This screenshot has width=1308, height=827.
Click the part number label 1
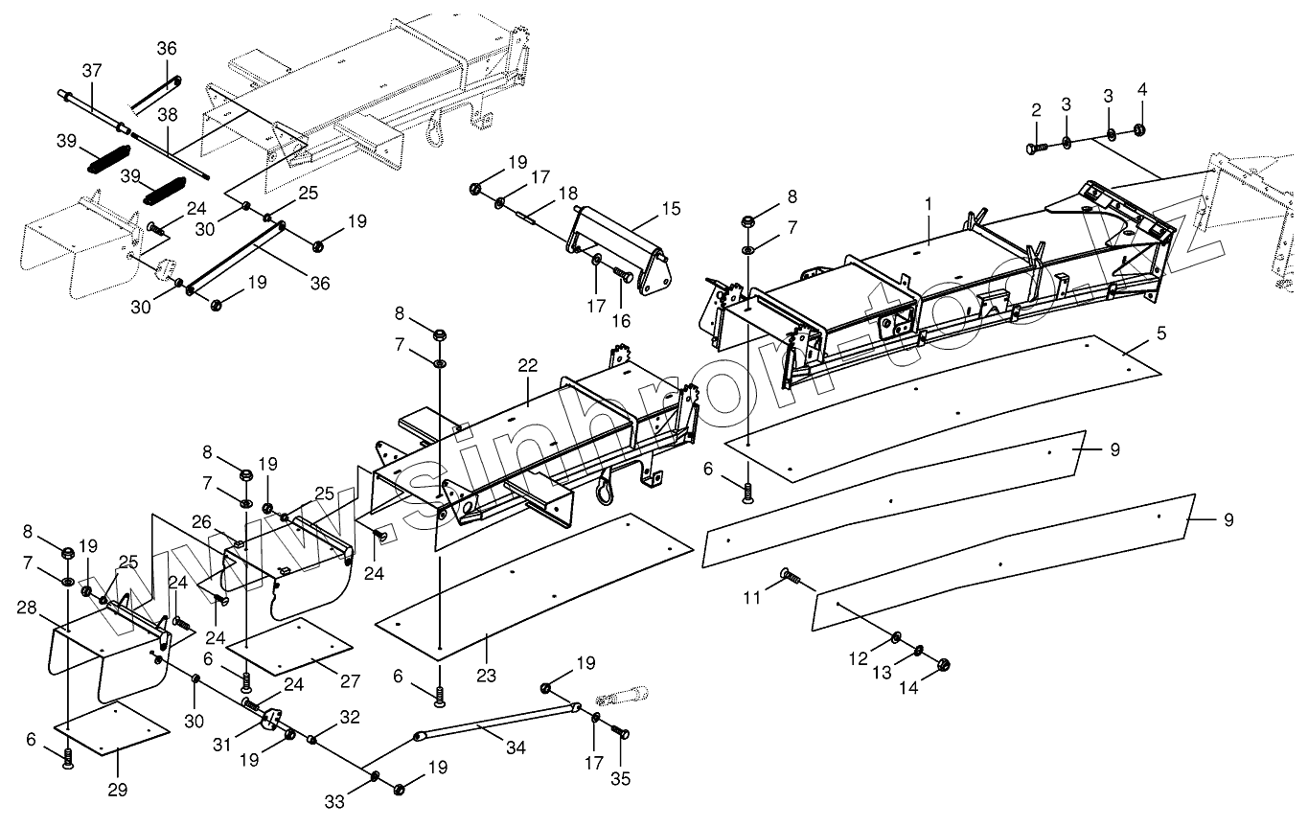[x=928, y=205]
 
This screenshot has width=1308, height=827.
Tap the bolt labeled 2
[x=1036, y=149]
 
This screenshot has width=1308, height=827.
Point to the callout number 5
[x=1159, y=334]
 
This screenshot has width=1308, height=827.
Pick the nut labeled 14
[x=941, y=664]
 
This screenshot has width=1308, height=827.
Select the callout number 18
[x=568, y=192]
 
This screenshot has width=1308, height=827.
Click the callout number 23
[x=487, y=676]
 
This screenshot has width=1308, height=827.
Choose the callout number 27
[x=350, y=680]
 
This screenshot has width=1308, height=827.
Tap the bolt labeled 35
[x=620, y=735]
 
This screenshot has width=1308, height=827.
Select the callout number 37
[x=91, y=70]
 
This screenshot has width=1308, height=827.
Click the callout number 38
[x=168, y=114]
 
